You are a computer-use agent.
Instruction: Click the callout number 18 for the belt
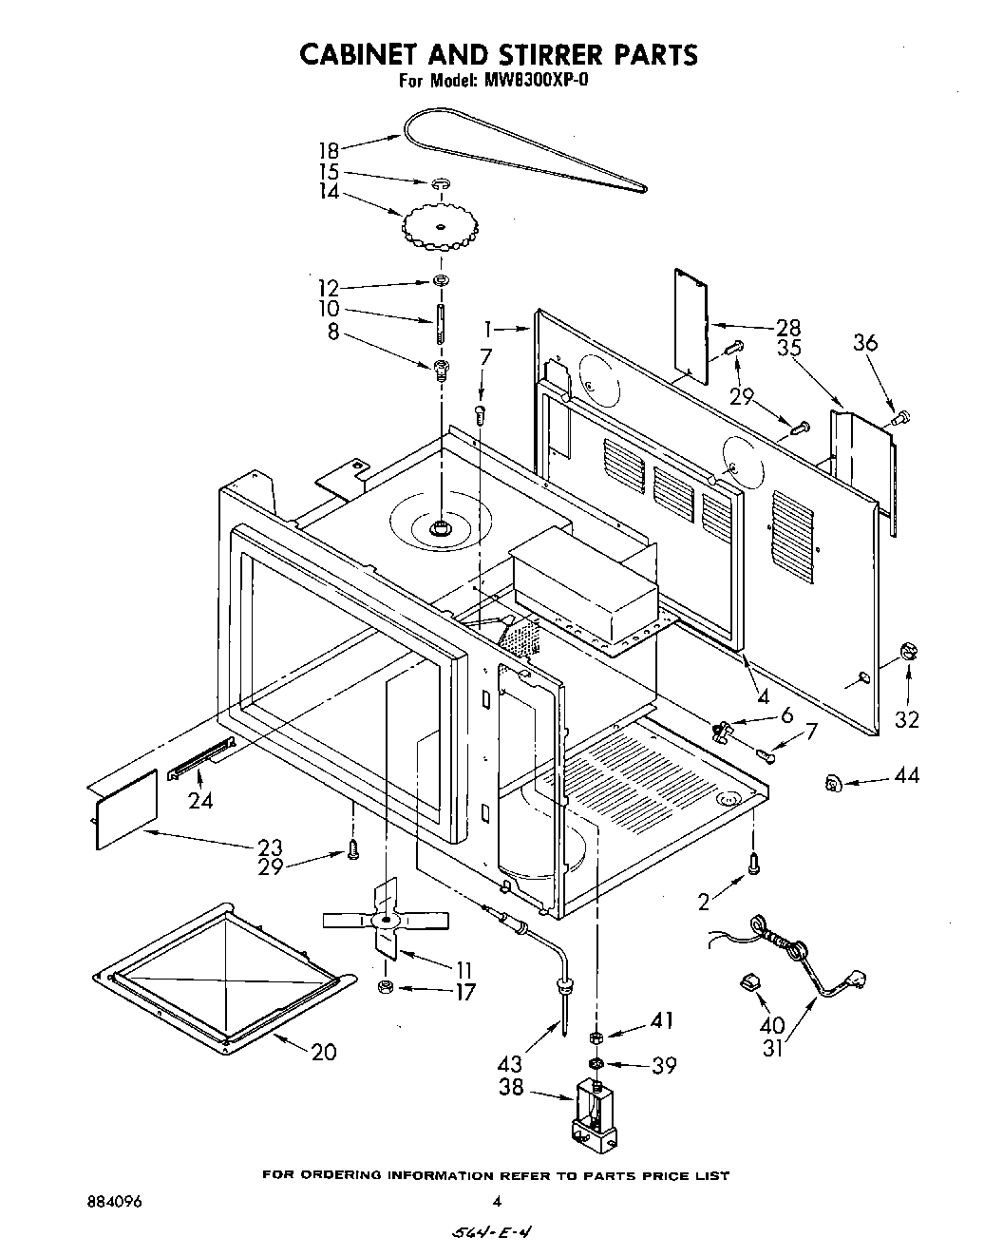328,150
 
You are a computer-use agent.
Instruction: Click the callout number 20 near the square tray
323,1051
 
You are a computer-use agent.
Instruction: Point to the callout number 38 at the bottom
511,1087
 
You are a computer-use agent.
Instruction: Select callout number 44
906,777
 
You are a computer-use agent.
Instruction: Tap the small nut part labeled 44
833,783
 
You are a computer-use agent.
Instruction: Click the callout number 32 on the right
907,719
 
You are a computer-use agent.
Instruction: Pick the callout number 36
864,343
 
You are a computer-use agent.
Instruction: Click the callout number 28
787,326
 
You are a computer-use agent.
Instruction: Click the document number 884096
113,1201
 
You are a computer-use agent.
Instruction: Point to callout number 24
199,800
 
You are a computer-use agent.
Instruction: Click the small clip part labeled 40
749,982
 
